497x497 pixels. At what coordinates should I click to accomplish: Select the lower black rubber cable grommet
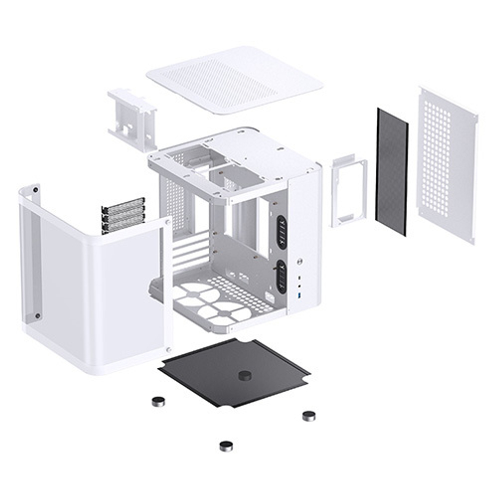[x=282, y=276]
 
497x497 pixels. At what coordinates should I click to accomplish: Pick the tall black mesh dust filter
[x=392, y=171]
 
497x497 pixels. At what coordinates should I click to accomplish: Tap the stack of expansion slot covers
[x=123, y=215]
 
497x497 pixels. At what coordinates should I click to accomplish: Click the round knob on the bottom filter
[x=244, y=375]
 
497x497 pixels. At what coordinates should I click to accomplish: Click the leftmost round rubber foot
[x=158, y=401]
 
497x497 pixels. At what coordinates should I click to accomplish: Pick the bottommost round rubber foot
[x=226, y=445]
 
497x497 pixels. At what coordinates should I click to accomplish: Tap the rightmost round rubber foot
[x=309, y=415]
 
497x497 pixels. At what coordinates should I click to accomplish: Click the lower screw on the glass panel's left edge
[x=37, y=315]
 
